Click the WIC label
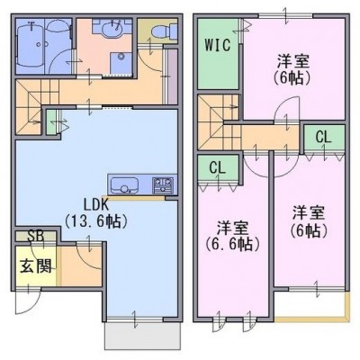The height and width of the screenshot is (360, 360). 218,45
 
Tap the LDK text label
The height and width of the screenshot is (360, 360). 95,205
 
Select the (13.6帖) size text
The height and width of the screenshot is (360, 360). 96,222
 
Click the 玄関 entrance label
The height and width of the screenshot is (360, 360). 36,265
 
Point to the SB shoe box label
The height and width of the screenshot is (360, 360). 36,236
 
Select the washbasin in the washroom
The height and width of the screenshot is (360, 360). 112,29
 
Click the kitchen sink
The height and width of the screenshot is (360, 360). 124,185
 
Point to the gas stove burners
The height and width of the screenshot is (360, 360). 164,185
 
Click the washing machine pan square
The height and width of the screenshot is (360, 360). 121,62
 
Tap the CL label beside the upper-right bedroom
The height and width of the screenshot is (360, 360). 323,138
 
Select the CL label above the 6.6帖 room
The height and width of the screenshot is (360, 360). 217,168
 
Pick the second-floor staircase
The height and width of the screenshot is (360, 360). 219,123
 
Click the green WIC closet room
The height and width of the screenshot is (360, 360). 218,54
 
